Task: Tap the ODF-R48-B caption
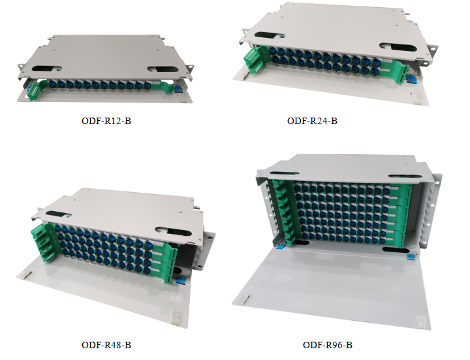(104, 344)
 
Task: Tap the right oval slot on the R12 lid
(163, 69)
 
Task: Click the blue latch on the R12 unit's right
(176, 88)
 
